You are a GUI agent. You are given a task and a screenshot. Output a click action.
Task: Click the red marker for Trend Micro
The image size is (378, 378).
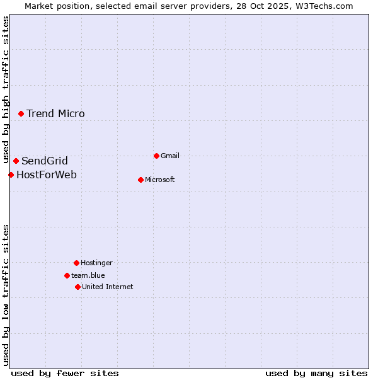(21, 113)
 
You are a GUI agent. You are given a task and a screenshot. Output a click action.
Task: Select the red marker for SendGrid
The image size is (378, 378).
(16, 161)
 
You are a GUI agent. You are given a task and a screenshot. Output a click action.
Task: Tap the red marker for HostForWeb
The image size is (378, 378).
(11, 175)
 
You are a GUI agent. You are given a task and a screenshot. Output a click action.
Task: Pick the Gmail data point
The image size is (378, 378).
(156, 156)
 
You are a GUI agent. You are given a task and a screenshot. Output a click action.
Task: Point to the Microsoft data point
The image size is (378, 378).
(140, 180)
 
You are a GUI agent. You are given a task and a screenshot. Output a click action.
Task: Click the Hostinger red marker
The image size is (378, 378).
(76, 263)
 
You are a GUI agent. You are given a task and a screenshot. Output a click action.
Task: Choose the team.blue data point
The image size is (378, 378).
(67, 275)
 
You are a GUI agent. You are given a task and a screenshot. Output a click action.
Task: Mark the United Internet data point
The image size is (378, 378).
(77, 287)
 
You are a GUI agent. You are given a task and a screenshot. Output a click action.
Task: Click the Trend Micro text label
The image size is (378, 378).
(55, 113)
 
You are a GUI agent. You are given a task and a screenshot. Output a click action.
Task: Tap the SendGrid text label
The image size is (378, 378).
(45, 161)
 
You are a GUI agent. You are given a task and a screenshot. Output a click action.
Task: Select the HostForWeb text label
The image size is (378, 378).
(47, 175)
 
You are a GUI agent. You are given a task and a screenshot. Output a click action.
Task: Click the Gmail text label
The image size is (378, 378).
(170, 156)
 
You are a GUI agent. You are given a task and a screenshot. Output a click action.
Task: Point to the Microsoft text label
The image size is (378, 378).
(160, 180)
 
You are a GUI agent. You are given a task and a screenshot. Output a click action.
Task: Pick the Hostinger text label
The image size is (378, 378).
(96, 263)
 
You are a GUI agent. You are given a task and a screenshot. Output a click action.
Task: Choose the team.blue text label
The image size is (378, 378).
(88, 275)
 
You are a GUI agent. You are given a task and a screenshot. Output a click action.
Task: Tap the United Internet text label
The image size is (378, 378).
(108, 287)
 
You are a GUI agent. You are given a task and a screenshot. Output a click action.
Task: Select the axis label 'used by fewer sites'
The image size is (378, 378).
(65, 373)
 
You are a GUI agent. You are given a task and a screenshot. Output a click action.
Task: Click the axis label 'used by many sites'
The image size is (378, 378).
(316, 373)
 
